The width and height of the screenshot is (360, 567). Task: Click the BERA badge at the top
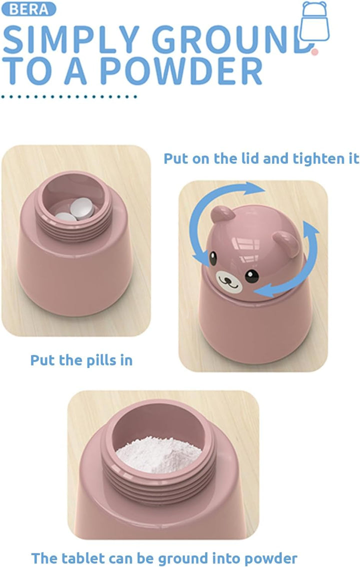click(x=29, y=9)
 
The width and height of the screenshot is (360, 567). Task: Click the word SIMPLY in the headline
click(x=70, y=40)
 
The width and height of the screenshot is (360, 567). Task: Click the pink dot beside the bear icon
click(x=314, y=51)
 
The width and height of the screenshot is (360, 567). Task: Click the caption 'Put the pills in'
click(x=81, y=360)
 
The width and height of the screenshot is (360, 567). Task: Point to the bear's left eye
click(x=213, y=258)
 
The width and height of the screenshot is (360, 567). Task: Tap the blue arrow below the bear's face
click(x=280, y=287)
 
